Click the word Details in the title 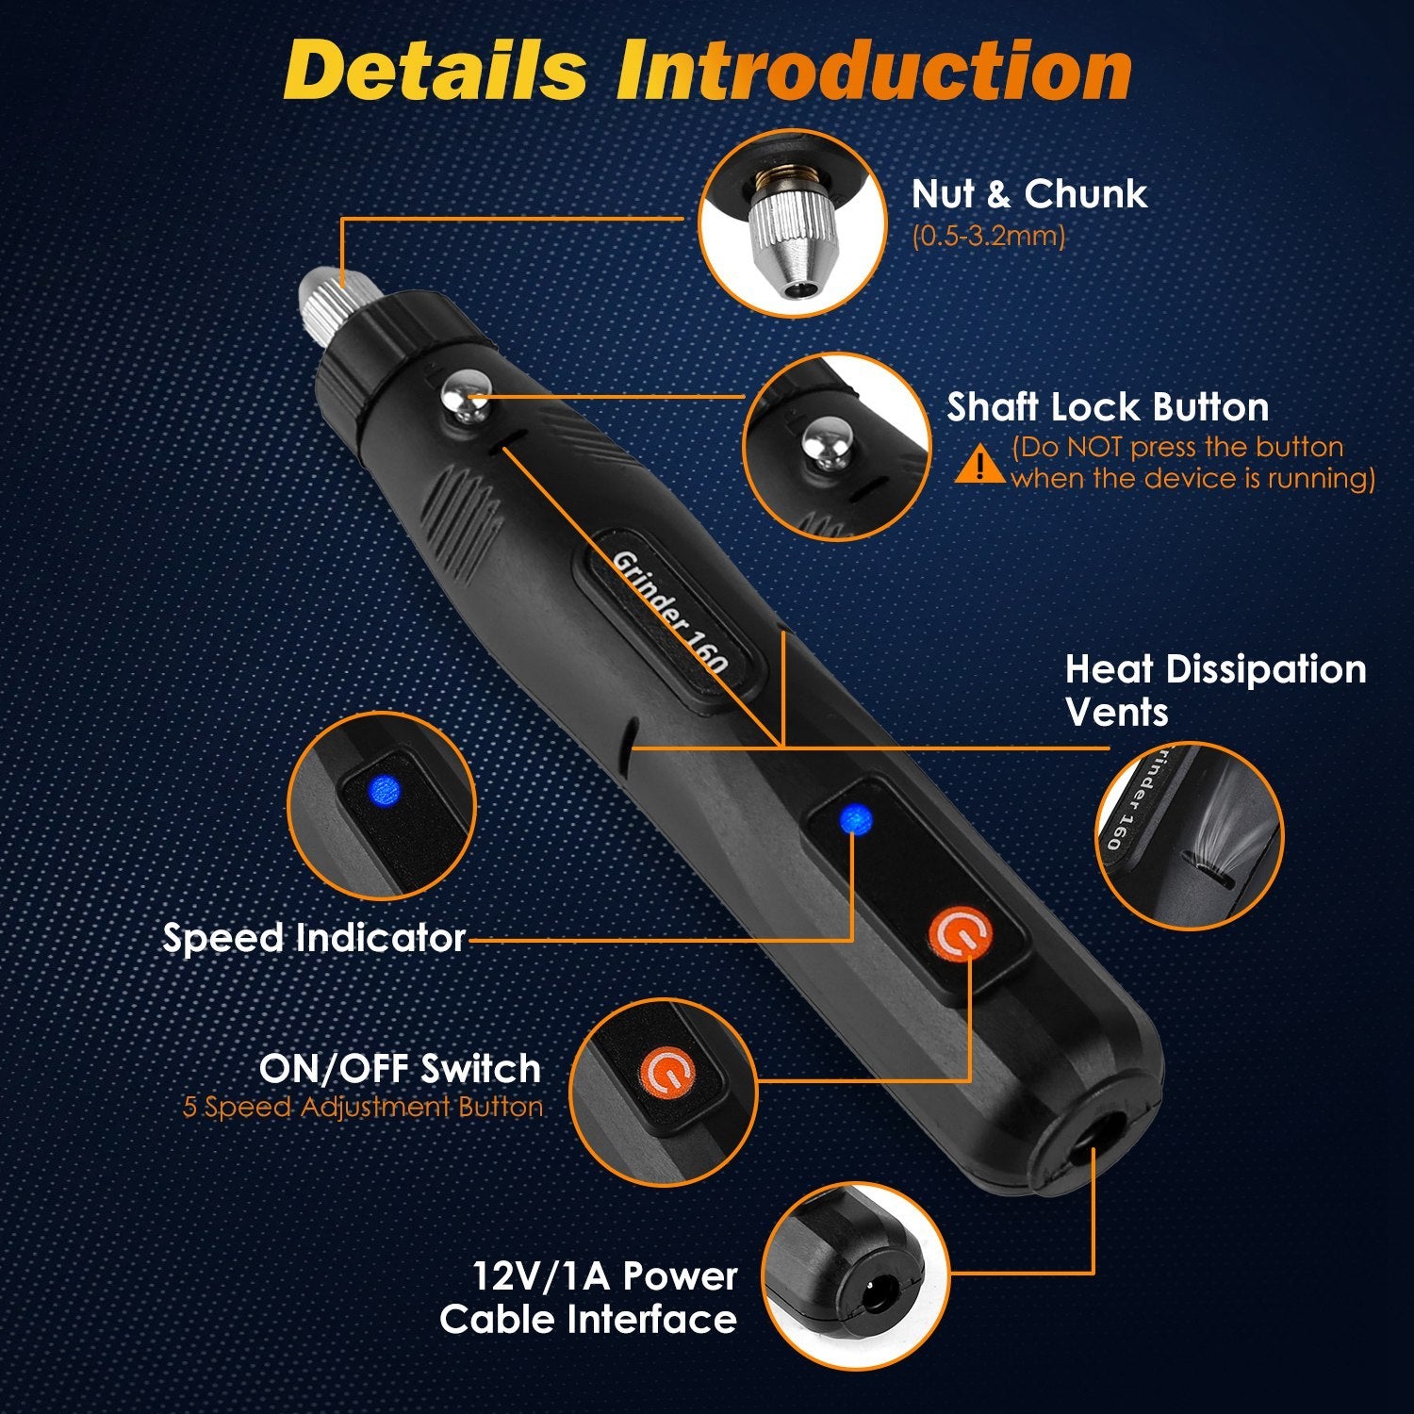[x=436, y=71]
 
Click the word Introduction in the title [x=874, y=71]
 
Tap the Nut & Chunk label [x=1029, y=194]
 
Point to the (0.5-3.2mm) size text [x=988, y=236]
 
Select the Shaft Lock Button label [x=1109, y=407]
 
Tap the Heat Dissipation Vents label [x=1215, y=690]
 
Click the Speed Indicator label [x=314, y=938]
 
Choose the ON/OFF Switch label [x=400, y=1069]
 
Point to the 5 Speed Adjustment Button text [x=363, y=1107]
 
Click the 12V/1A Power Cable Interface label [x=588, y=1297]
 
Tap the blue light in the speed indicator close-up [x=385, y=790]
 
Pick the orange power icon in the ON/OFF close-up [x=667, y=1073]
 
